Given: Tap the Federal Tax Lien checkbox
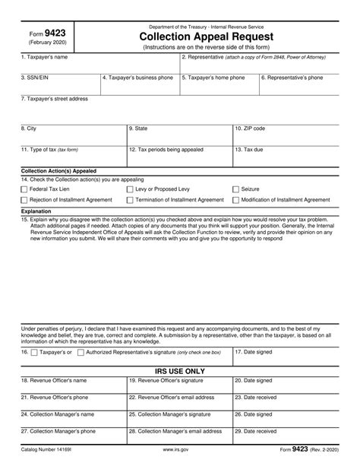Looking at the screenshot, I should click(x=24, y=188).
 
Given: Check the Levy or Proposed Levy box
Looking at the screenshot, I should click(x=130, y=188).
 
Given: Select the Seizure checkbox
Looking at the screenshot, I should click(x=235, y=188).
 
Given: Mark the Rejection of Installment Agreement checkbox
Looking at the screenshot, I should click(x=24, y=200).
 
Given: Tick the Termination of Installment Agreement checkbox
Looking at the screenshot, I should click(x=130, y=200).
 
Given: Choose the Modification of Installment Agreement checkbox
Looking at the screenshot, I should click(x=235, y=200).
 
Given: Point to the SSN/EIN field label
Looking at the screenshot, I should click(x=34, y=78).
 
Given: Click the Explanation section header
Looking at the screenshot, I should click(x=36, y=211).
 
